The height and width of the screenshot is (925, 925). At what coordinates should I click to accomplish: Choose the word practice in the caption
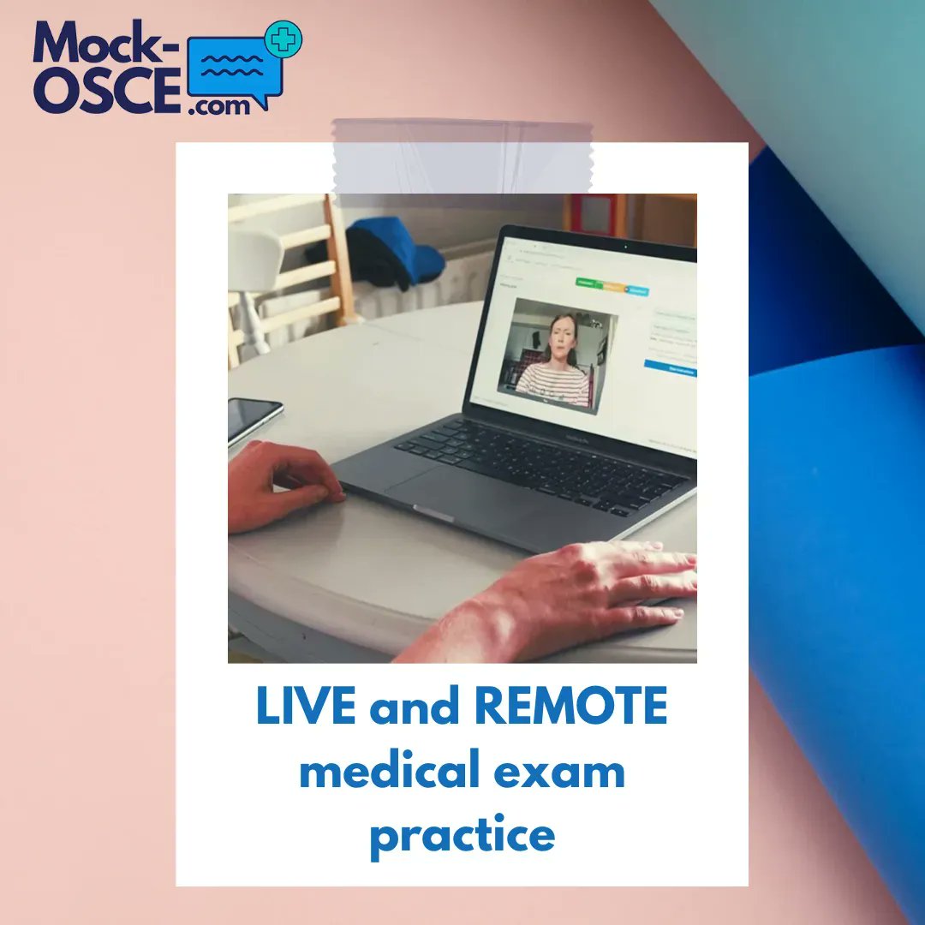click(462, 834)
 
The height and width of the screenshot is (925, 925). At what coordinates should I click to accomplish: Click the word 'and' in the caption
click(418, 709)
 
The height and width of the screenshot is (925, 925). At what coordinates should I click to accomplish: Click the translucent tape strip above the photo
click(462, 157)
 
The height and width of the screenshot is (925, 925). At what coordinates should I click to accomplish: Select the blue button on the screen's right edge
click(671, 367)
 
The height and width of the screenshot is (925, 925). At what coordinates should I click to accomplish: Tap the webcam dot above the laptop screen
click(626, 247)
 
